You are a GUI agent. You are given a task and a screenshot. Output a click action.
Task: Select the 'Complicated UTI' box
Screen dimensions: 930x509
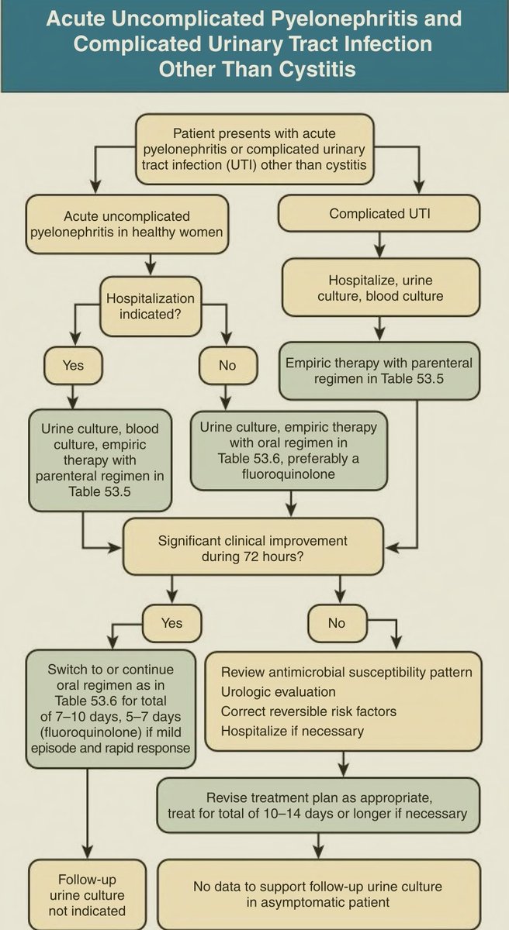379,214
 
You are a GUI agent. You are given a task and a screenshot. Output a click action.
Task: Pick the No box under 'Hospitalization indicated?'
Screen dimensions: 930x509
227,365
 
